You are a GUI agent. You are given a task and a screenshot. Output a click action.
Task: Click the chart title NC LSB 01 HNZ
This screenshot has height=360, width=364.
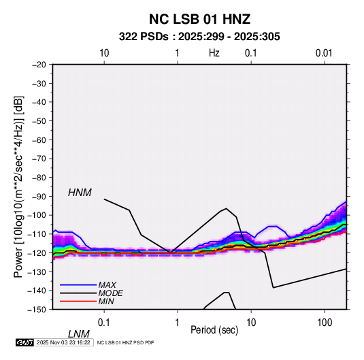click(199, 19)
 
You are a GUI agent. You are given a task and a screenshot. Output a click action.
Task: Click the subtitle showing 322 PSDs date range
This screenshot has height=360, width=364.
click(199, 37)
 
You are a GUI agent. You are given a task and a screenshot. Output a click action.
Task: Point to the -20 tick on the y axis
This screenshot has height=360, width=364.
click(39, 65)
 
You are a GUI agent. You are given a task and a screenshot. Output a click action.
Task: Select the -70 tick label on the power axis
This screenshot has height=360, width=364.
click(39, 159)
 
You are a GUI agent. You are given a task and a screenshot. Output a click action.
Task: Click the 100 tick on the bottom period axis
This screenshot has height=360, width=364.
click(325, 323)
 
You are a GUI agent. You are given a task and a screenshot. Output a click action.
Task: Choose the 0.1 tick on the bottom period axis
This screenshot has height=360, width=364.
click(104, 323)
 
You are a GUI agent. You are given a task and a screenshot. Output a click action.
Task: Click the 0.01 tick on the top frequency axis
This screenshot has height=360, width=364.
click(324, 53)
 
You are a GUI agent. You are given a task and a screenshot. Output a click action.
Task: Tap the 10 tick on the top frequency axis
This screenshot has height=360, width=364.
click(104, 53)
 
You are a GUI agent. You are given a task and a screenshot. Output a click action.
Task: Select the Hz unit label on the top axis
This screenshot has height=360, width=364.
click(214, 53)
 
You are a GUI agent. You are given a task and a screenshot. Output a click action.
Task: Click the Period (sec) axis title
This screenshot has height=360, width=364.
click(214, 330)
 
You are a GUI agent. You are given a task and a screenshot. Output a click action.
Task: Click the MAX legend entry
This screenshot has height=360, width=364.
click(107, 285)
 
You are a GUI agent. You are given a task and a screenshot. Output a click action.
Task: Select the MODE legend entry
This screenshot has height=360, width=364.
click(110, 293)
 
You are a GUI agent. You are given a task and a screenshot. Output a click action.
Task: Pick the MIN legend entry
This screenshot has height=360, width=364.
click(106, 301)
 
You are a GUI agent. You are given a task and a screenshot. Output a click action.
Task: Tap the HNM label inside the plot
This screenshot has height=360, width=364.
click(80, 193)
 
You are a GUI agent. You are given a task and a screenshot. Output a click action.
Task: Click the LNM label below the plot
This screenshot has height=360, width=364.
click(78, 334)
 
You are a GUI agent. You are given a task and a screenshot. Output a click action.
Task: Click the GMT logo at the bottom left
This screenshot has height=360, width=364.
click(25, 342)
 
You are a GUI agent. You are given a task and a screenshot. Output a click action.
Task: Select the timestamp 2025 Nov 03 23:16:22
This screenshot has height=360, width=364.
click(63, 342)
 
